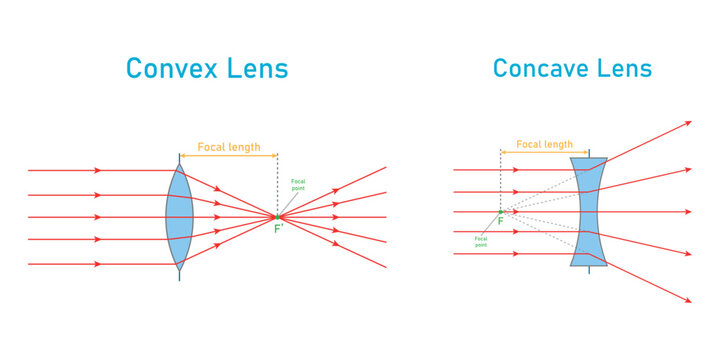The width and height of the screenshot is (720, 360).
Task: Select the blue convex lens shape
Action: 179,216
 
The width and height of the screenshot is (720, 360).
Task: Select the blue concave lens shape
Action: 588,211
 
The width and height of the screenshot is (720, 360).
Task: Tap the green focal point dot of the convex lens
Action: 278,216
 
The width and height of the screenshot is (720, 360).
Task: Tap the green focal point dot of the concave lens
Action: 500,211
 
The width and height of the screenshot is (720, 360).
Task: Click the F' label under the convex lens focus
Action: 280,230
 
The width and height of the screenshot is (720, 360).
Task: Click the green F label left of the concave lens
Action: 500,222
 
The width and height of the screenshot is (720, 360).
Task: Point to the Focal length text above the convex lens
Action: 230,146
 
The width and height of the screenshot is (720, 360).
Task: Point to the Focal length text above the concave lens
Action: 544,144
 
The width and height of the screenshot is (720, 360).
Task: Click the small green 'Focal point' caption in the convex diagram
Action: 298,185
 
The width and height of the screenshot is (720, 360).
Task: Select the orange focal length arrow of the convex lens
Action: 228,155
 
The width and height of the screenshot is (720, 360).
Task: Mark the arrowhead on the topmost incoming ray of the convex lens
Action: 98,170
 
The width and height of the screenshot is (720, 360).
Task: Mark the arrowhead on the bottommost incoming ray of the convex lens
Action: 98,264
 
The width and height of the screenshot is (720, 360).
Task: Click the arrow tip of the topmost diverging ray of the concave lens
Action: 689,123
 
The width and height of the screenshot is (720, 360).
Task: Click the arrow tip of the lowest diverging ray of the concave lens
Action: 689,300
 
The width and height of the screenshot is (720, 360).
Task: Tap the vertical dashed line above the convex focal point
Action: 278,185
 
